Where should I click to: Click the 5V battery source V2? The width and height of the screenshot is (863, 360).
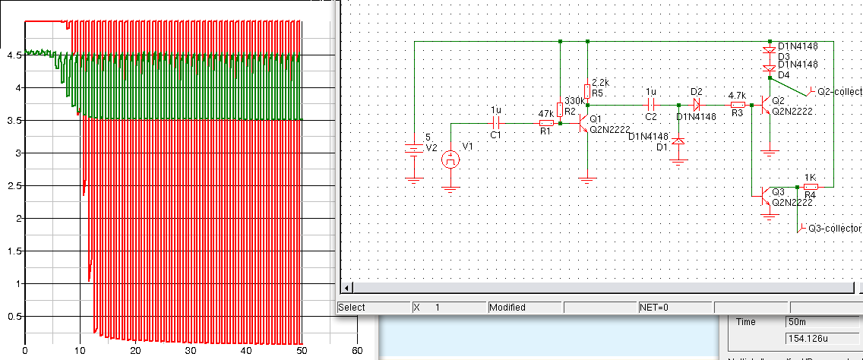point(414,148)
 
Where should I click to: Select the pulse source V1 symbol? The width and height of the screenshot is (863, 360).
point(451,159)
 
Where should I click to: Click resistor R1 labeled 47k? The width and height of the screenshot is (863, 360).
point(545,122)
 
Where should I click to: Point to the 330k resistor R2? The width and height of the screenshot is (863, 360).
point(560,109)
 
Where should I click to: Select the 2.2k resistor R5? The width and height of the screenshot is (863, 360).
point(588,90)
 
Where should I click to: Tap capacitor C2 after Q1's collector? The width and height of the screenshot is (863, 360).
point(650,105)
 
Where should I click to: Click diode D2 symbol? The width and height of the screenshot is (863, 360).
point(697,105)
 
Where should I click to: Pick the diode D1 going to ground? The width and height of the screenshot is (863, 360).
point(678,141)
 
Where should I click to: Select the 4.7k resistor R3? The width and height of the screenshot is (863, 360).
point(736,105)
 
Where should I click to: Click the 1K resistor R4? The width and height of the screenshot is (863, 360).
point(811,186)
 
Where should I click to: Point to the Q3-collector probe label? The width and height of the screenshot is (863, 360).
point(833,228)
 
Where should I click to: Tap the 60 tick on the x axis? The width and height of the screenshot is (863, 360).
point(358,351)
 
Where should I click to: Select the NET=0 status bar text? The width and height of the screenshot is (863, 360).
point(653,308)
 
